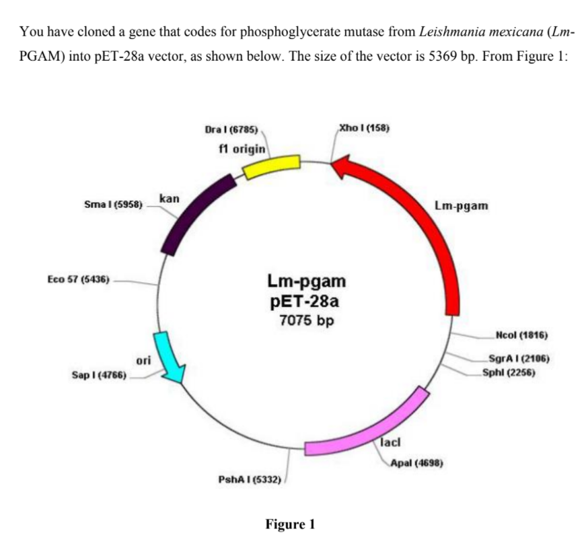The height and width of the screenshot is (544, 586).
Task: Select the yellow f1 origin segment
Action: [x=271, y=166]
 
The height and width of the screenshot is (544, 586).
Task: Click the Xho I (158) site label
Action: [x=364, y=127]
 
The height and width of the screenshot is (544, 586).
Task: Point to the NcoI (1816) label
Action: [x=521, y=335]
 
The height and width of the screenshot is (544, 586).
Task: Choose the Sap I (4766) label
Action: [x=98, y=374]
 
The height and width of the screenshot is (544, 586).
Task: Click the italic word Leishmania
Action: [x=448, y=31]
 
